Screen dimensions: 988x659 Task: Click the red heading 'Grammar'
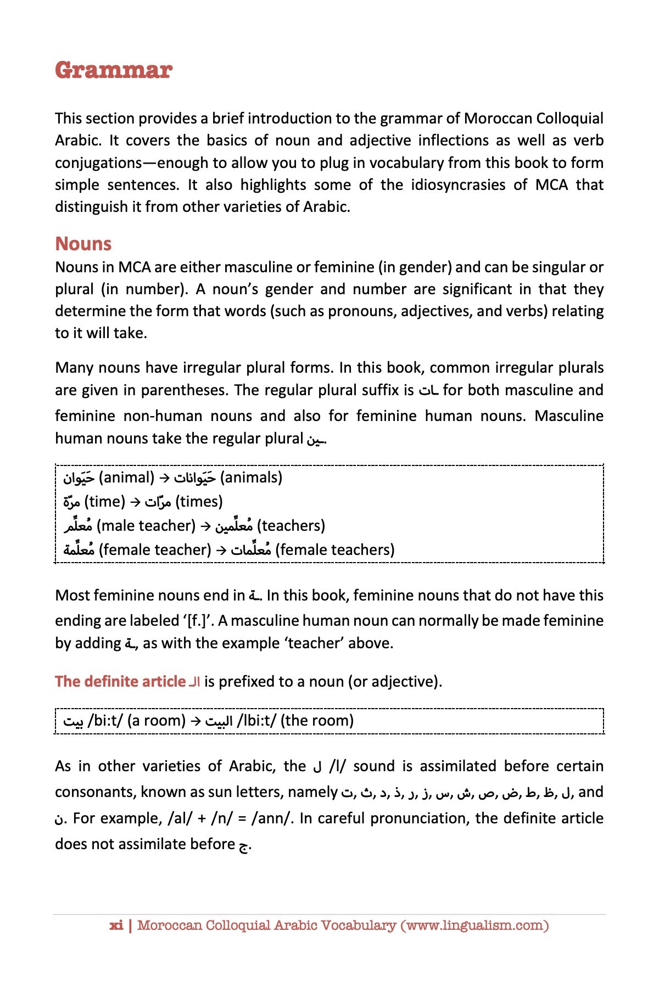click(x=114, y=70)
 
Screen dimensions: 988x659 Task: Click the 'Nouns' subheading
click(x=83, y=244)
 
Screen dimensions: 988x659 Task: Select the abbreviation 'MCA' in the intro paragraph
click(x=551, y=185)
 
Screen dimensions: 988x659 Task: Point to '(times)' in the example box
click(x=199, y=502)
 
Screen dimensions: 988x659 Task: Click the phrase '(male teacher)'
click(x=146, y=526)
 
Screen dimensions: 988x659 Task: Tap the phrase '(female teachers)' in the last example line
click(x=334, y=550)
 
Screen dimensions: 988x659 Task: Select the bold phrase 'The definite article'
click(x=120, y=682)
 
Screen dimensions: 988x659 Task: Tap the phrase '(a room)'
click(x=157, y=721)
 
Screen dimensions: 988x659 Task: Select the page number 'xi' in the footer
click(x=116, y=925)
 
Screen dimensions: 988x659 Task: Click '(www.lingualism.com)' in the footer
click(x=474, y=925)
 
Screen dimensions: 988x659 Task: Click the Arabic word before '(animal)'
click(x=79, y=478)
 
